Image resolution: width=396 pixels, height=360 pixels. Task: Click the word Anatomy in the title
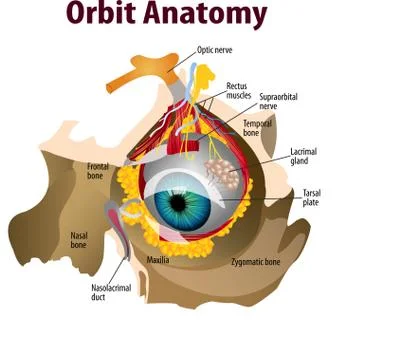207,15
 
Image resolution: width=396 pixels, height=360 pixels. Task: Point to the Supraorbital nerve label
279,101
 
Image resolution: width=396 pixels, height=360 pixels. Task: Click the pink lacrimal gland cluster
222,176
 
